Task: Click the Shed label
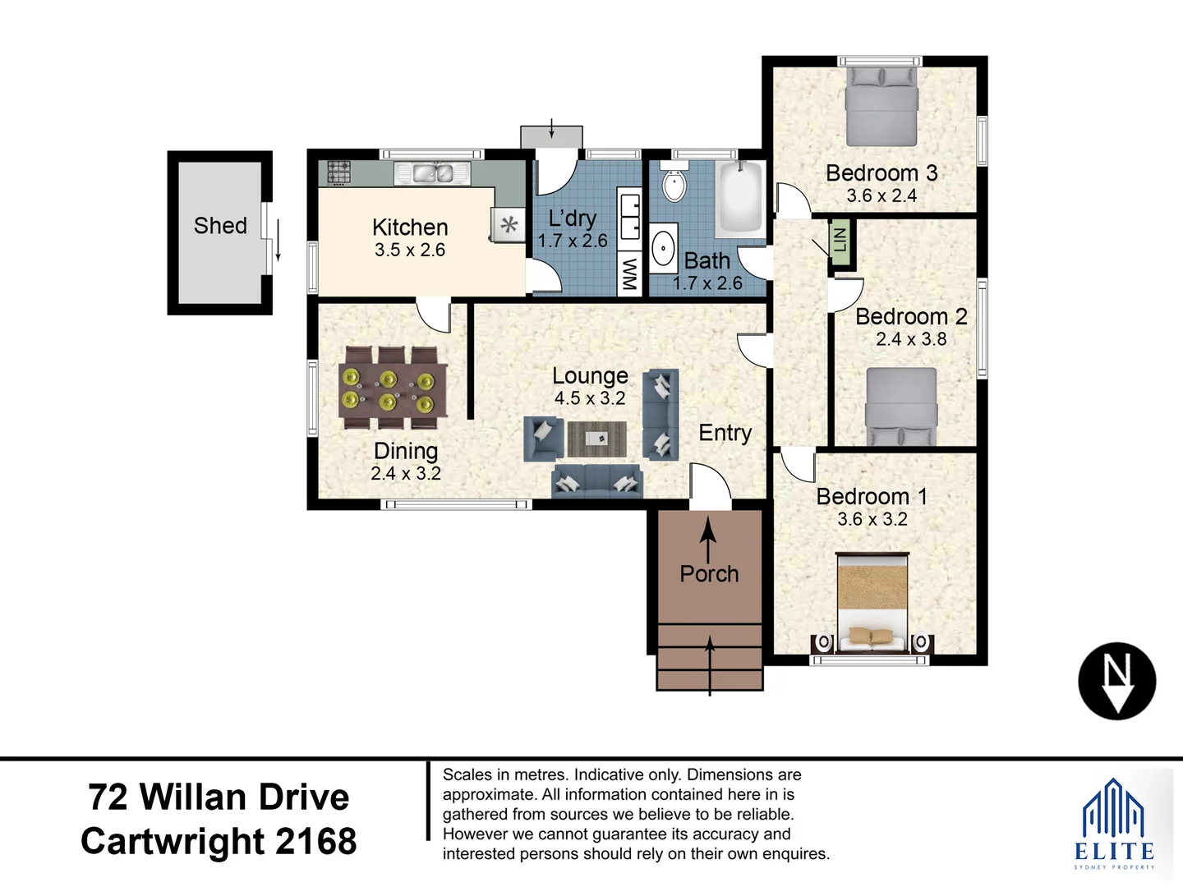[x=220, y=226]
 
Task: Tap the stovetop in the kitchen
[x=339, y=172]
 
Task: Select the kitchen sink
[x=432, y=173]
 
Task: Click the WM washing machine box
[x=629, y=274]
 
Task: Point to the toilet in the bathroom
[x=674, y=186]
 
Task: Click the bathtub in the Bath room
[x=740, y=198]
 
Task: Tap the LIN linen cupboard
[x=840, y=241]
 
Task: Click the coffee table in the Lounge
[x=596, y=439]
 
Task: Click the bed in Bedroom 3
[x=881, y=108]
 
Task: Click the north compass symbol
[x=1116, y=681]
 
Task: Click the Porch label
[x=709, y=574]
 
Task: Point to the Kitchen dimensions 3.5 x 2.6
[x=410, y=250]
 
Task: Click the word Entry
[x=725, y=433]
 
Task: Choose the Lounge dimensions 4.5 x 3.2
[x=590, y=398]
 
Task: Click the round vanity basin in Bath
[x=663, y=247]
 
